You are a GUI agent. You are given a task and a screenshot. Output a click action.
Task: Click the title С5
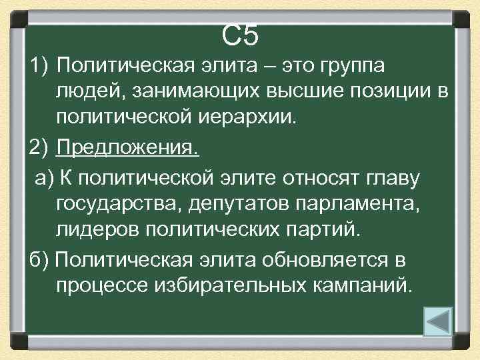(240, 35)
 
